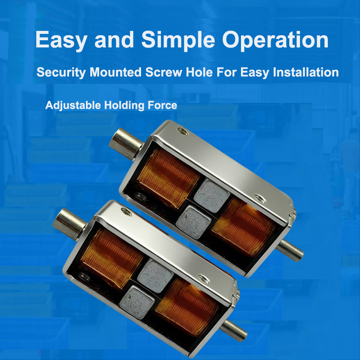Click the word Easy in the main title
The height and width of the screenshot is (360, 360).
[61, 40]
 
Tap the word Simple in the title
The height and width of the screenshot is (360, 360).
[178, 40]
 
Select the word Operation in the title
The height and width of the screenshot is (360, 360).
[275, 40]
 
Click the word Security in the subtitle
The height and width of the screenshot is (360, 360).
[61, 72]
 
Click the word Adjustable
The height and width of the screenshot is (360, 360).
[73, 105]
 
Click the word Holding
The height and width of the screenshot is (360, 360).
[124, 105]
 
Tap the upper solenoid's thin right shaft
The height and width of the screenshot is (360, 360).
[290, 250]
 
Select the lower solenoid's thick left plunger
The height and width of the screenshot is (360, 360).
[70, 224]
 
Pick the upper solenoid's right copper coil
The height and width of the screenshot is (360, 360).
[244, 227]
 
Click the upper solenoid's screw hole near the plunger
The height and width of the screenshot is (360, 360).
[183, 132]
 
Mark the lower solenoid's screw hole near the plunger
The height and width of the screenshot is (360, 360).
[127, 212]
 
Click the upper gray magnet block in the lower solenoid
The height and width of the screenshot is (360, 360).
[155, 276]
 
